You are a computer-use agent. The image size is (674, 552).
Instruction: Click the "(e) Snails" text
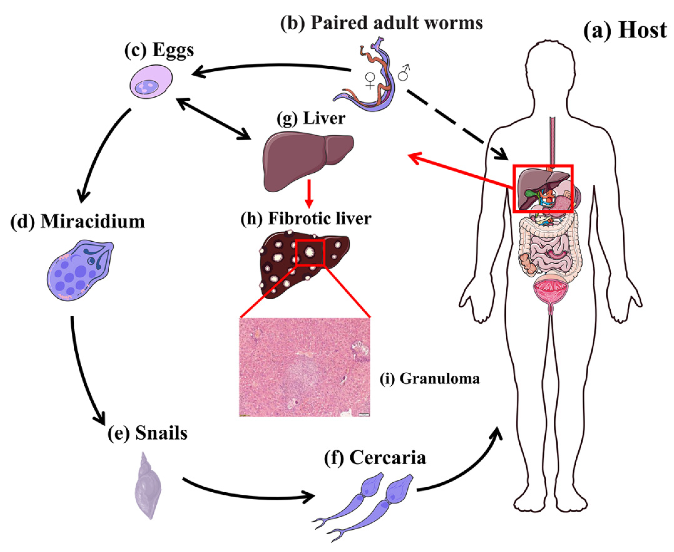(x=147, y=433)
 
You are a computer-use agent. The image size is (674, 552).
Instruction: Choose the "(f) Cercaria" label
(x=375, y=458)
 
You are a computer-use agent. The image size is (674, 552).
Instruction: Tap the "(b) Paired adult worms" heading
(x=381, y=23)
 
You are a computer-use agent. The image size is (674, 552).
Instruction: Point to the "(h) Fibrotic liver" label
(x=306, y=219)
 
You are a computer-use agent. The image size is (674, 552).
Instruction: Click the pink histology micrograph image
(x=304, y=367)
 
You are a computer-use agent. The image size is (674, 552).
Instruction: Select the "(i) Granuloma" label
(x=430, y=379)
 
